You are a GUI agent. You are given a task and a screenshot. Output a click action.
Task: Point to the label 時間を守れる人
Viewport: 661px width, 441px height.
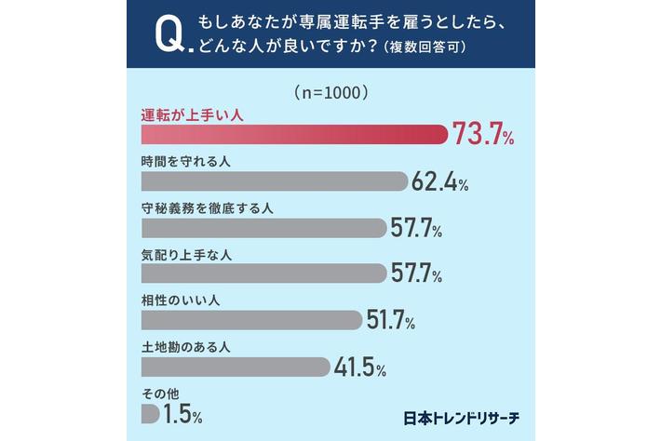pyautogui.click(x=185, y=162)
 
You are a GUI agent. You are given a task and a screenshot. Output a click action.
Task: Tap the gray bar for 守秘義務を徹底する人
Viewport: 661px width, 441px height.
pyautogui.click(x=263, y=227)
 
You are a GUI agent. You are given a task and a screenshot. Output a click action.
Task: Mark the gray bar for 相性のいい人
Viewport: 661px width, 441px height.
pyautogui.click(x=250, y=319)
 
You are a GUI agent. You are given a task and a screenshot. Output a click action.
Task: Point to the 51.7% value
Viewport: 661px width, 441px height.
pyautogui.click(x=390, y=320)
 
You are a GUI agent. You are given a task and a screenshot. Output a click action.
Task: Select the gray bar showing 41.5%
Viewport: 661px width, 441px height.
pyautogui.click(x=236, y=367)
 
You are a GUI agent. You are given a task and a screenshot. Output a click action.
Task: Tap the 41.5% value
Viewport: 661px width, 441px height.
pyautogui.click(x=359, y=367)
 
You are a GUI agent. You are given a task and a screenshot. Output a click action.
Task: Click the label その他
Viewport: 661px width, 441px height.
pyautogui.click(x=159, y=394)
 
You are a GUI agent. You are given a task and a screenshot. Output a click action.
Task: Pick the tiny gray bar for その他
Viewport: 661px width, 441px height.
pyautogui.click(x=150, y=413)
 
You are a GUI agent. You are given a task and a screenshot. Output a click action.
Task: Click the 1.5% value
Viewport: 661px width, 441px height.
pyautogui.click(x=182, y=413)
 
